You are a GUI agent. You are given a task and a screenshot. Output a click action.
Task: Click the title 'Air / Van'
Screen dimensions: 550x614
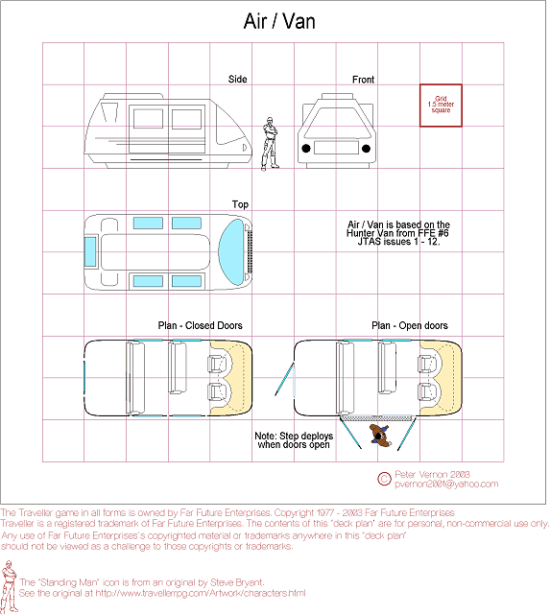[x=279, y=21]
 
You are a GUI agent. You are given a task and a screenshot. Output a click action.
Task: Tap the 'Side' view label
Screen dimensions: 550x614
[x=237, y=79]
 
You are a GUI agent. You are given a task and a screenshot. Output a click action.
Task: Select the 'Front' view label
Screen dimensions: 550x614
[x=363, y=80]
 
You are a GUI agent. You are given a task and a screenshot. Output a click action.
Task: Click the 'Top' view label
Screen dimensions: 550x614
[x=240, y=204]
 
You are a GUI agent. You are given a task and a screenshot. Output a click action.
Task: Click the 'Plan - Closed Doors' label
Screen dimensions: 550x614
[x=201, y=325]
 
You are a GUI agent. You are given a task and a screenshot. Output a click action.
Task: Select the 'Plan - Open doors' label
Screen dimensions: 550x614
[x=409, y=325]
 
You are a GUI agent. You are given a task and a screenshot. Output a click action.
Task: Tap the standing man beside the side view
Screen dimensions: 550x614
[x=270, y=143]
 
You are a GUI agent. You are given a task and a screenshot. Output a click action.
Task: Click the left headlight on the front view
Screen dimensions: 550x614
[x=306, y=149]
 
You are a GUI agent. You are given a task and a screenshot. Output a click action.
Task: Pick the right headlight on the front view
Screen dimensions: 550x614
[x=366, y=149]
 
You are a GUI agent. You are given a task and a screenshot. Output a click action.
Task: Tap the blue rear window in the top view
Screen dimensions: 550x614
[x=90, y=251]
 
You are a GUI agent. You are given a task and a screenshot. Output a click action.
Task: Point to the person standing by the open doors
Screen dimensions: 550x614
[x=380, y=435]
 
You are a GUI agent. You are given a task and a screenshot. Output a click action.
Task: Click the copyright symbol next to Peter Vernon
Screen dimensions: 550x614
[x=384, y=479]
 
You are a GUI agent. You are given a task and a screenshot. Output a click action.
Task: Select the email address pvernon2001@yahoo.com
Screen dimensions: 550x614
[x=446, y=484]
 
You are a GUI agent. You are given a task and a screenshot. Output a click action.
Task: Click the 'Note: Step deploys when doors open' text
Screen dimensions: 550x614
[x=294, y=440]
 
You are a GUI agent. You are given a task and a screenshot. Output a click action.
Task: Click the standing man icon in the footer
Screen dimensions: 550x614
[x=9, y=586]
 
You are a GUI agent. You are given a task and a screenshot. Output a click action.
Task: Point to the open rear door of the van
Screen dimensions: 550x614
[x=283, y=379]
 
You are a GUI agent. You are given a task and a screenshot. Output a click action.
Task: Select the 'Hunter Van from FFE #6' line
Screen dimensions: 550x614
[x=397, y=233]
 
